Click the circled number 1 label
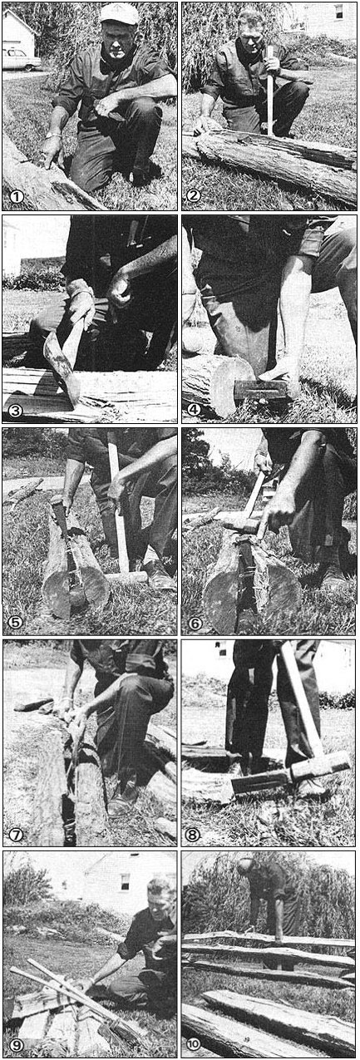17,196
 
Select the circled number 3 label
16,410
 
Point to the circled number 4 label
195,410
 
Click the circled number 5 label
16,622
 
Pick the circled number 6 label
195,622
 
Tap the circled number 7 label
16,835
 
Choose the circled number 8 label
193,835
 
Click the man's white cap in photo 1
119,14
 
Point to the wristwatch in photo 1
53,136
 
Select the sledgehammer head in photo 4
261,389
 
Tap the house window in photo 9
125,882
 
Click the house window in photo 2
338,11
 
